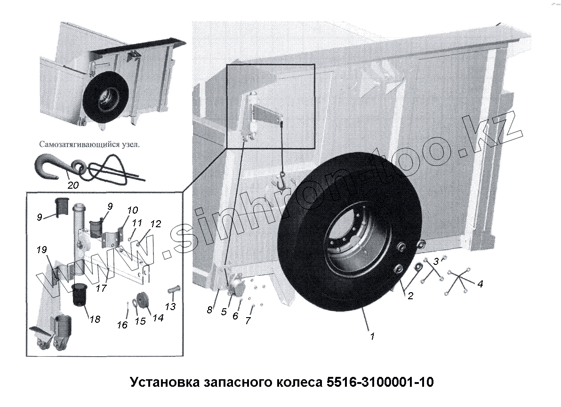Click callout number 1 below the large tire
[372, 336]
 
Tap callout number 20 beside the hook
[73, 185]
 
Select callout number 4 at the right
[480, 284]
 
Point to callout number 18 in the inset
[95, 319]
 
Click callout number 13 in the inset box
[170, 306]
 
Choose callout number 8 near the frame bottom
[209, 310]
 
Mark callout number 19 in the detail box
[42, 249]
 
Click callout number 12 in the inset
[156, 224]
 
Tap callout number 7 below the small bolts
[248, 320]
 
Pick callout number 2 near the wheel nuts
[410, 296]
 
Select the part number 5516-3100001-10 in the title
[380, 382]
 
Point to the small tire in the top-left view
[104, 96]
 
